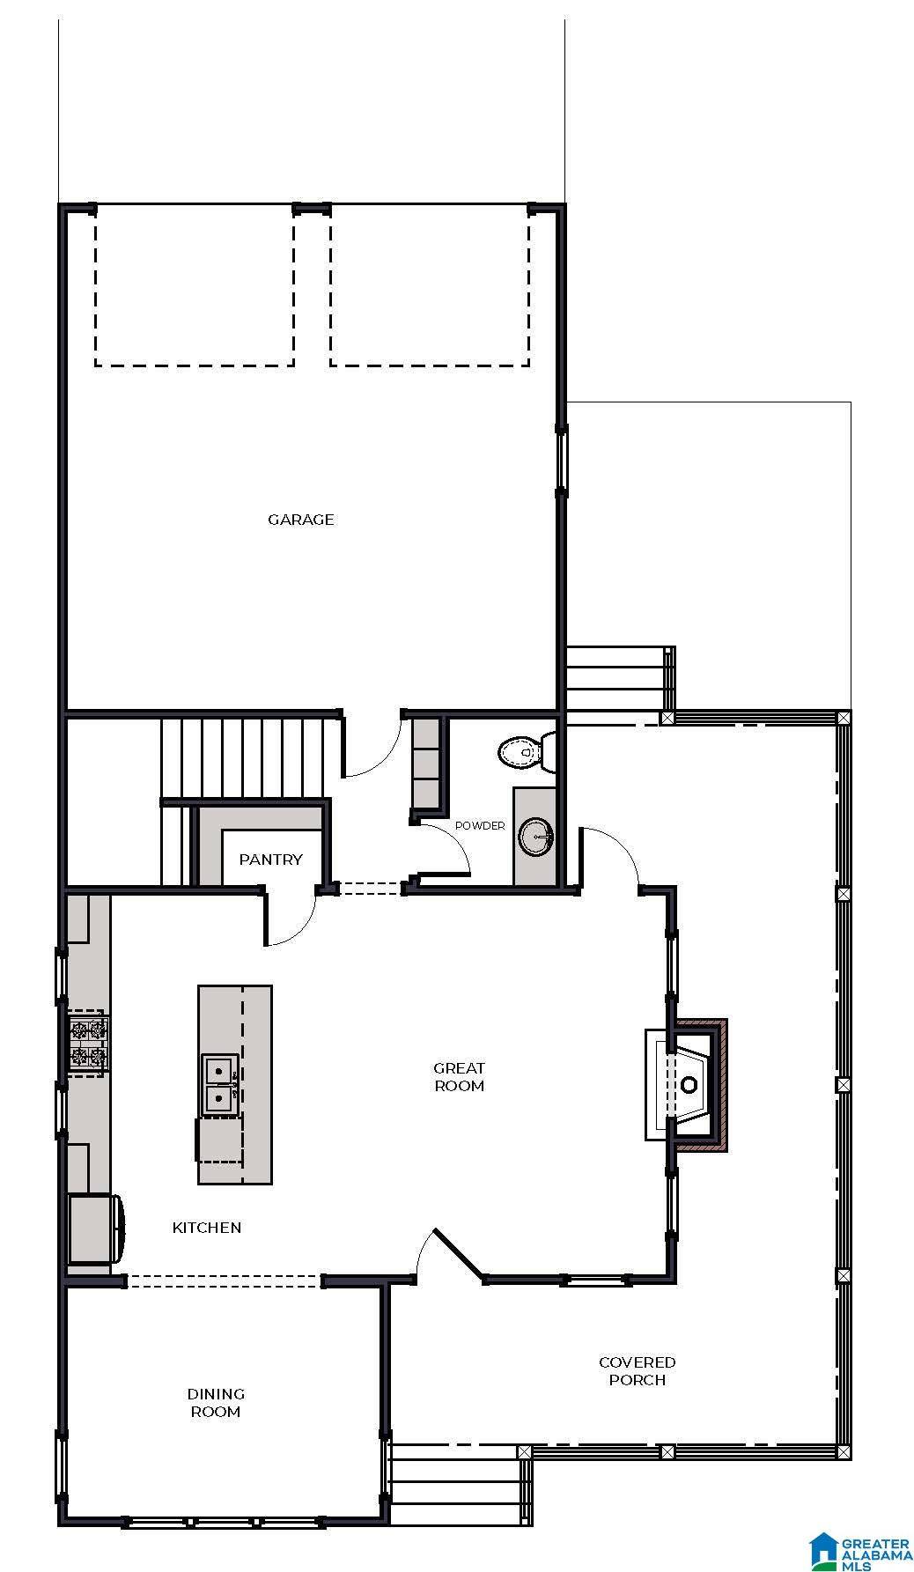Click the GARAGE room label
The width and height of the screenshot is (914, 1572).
(x=300, y=520)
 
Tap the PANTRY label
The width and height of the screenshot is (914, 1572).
(x=270, y=860)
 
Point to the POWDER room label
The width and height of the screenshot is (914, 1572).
(x=480, y=826)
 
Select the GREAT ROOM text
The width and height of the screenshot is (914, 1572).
(x=459, y=1077)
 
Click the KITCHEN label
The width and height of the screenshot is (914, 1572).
(x=207, y=1228)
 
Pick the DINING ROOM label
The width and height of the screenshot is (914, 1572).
(x=216, y=1403)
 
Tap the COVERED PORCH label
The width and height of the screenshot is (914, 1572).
(x=637, y=1371)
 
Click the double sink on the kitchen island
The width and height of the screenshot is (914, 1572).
(x=218, y=1085)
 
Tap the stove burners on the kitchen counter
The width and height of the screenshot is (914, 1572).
(x=88, y=1043)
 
